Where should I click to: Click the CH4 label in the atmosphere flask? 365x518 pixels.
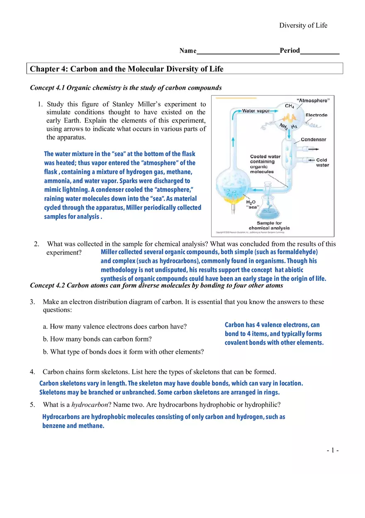tap(290, 106)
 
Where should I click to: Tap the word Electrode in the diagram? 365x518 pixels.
tap(316, 115)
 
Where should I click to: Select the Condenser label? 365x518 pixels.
tap(313, 140)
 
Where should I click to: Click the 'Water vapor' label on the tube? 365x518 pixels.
tap(256, 111)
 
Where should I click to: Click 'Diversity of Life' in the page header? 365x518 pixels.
tap(303, 25)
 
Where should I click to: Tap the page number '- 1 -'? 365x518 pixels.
tap(333, 450)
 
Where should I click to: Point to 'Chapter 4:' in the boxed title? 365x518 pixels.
tap(49, 69)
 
